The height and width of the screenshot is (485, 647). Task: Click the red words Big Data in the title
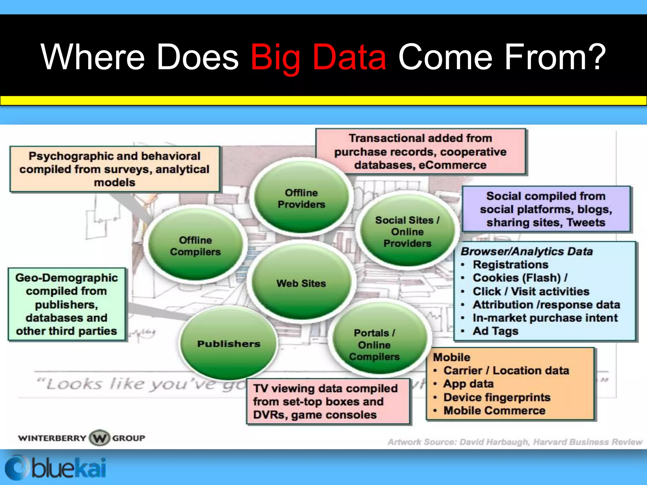click(x=318, y=57)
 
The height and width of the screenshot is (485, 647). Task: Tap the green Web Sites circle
click(x=301, y=283)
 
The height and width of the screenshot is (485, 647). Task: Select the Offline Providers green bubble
click(x=301, y=198)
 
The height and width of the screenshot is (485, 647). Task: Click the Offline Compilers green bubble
click(x=195, y=246)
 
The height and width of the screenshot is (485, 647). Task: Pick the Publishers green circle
click(x=228, y=344)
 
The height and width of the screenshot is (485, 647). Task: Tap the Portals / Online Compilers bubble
click(x=374, y=344)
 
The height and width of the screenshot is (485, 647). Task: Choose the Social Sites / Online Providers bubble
click(x=407, y=231)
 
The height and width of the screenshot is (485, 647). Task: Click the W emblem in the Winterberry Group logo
click(x=100, y=438)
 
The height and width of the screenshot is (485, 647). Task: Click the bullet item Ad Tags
click(x=495, y=331)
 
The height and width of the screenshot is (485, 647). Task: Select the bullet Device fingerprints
click(x=497, y=397)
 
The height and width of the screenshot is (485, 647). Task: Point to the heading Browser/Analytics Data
click(x=526, y=251)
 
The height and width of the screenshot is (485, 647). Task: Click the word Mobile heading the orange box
click(x=451, y=357)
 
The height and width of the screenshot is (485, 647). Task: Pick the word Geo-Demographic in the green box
click(x=66, y=278)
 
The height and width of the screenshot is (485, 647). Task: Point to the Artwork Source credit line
click(x=515, y=442)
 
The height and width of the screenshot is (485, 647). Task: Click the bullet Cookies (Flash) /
click(x=520, y=278)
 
